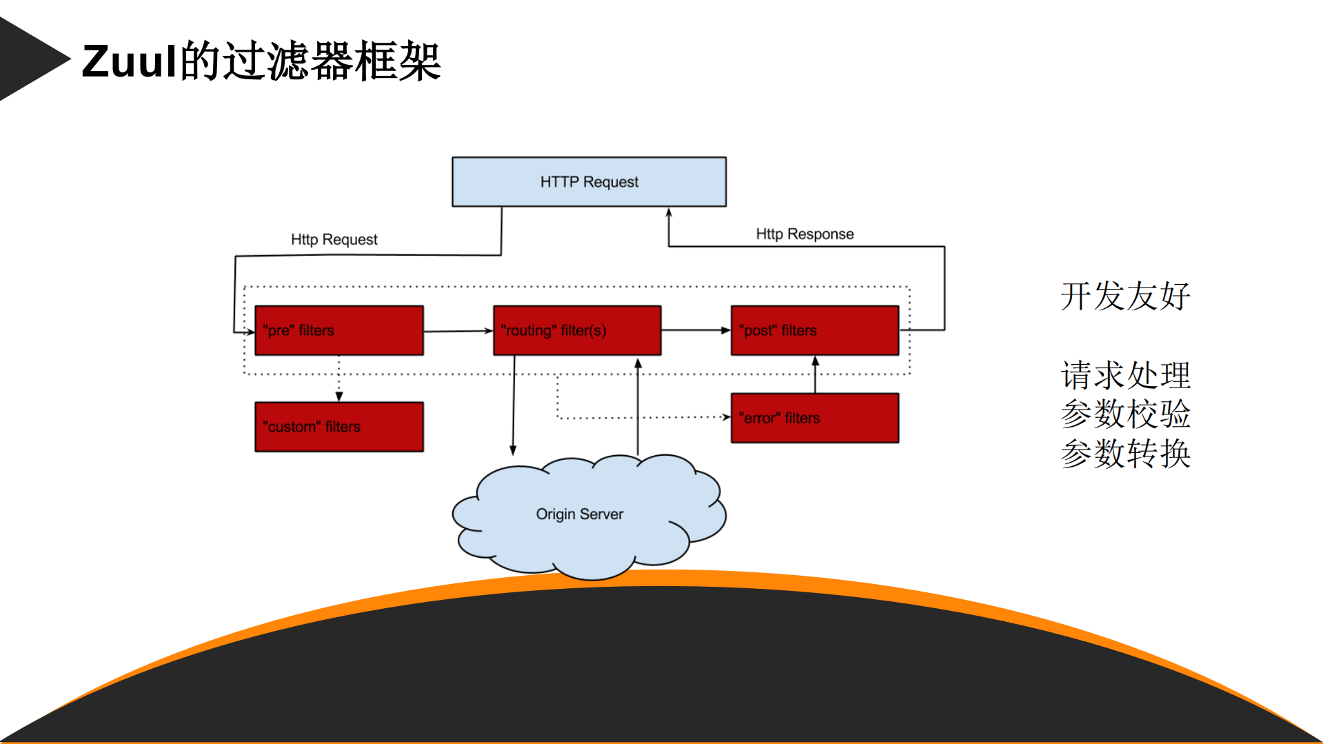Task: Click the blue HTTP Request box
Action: pos(589,182)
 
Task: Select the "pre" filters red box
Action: pos(339,330)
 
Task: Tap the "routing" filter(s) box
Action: pos(577,330)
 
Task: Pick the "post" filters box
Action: pos(814,330)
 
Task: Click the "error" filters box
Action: pos(814,418)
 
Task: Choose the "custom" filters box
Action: pos(339,427)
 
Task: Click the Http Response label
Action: pos(805,234)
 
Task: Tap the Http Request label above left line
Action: pos(334,239)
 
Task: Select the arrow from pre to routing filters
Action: pos(458,331)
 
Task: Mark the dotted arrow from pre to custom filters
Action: pos(339,379)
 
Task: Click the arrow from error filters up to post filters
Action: pos(815,374)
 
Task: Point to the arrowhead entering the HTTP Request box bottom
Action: pos(668,213)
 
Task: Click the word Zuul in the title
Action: pos(130,61)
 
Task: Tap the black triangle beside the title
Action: pos(28,59)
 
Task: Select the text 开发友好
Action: pos(1125,296)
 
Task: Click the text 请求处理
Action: pos(1125,376)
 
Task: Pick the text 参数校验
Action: pos(1125,414)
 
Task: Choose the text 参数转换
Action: pos(1125,454)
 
